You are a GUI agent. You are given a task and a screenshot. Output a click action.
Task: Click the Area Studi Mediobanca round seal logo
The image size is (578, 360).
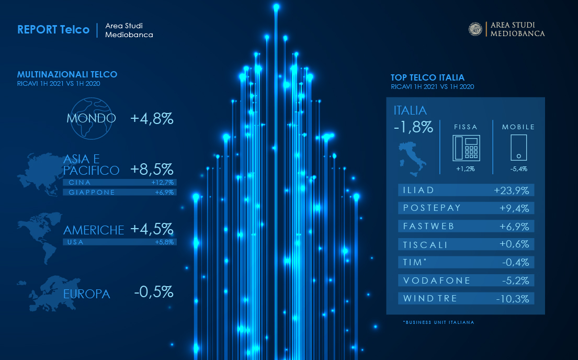[475, 29]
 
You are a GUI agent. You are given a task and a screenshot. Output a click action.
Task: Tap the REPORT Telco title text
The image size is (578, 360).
[53, 29]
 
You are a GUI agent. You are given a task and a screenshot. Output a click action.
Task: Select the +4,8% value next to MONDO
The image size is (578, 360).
[152, 119]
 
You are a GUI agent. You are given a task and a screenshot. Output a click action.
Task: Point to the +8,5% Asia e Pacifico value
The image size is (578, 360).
[152, 170]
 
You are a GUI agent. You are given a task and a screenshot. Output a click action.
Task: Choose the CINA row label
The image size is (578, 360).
[80, 183]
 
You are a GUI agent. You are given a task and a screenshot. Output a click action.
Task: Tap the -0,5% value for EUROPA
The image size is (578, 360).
[153, 292]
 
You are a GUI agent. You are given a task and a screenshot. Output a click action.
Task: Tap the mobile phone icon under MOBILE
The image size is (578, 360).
[518, 148]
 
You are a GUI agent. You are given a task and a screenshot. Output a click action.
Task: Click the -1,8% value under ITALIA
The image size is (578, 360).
[413, 127]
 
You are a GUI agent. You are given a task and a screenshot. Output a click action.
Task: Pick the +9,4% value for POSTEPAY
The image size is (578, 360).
[514, 208]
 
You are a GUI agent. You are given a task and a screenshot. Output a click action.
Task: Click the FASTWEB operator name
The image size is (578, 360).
[428, 226]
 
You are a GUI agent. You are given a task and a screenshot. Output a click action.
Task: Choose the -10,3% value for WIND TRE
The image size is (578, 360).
[512, 299]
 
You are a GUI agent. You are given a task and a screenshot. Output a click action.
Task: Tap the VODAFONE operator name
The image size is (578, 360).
[429, 280]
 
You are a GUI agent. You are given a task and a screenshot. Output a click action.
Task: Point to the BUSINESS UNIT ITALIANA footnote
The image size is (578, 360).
[438, 322]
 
